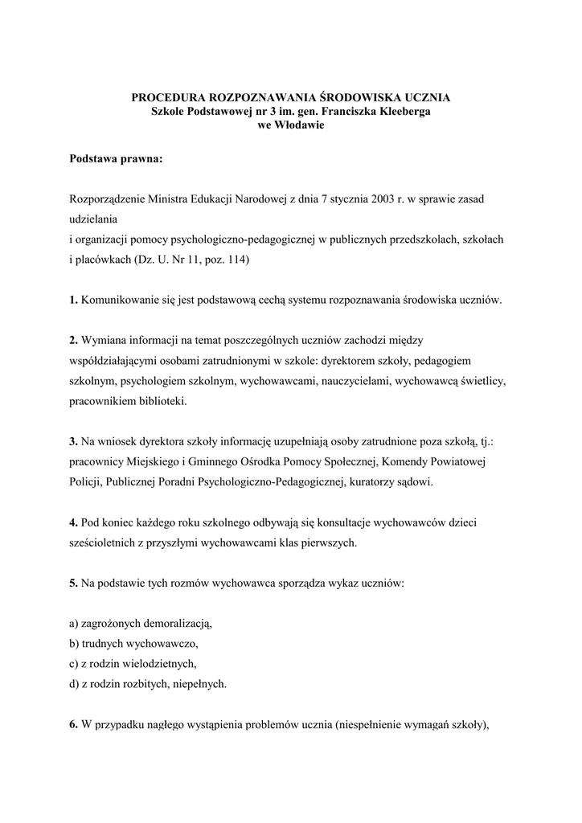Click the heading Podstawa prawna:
coord(117,158)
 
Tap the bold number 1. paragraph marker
coord(73,301)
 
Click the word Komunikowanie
coord(121,301)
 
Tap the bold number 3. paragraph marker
coord(73,441)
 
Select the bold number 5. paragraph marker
coord(73,583)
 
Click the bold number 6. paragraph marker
coord(73,726)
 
